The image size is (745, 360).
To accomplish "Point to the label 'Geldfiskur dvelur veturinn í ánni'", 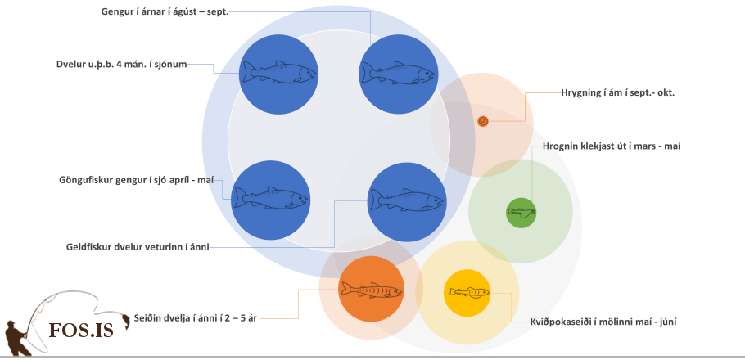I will click(x=138, y=246).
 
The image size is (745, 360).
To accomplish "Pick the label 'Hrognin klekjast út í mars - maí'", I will click(x=612, y=146).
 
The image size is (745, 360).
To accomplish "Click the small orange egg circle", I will click(x=483, y=121).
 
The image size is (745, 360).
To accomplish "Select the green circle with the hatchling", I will click(x=521, y=213).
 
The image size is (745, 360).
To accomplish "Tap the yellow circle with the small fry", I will click(x=467, y=292).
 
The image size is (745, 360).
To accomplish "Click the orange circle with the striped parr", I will click(x=371, y=289).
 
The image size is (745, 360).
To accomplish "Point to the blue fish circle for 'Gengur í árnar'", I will click(x=398, y=74).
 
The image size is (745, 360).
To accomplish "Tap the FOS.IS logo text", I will click(x=81, y=329).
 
